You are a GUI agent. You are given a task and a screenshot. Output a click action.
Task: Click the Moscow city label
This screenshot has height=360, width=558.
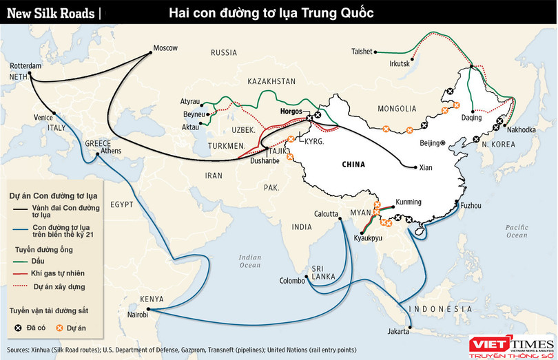(165, 47)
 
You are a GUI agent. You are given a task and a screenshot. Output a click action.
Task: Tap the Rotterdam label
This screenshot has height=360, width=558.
(25, 65)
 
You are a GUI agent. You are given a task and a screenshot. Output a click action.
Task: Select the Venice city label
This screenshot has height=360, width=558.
(43, 118)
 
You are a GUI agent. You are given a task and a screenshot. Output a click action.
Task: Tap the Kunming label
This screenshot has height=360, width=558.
(408, 204)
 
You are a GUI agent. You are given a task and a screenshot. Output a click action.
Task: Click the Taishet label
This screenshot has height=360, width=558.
(362, 51)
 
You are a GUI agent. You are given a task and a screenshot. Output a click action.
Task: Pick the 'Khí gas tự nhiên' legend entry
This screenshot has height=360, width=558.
(56, 273)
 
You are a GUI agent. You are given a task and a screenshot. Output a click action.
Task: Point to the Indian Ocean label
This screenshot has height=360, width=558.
(250, 262)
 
